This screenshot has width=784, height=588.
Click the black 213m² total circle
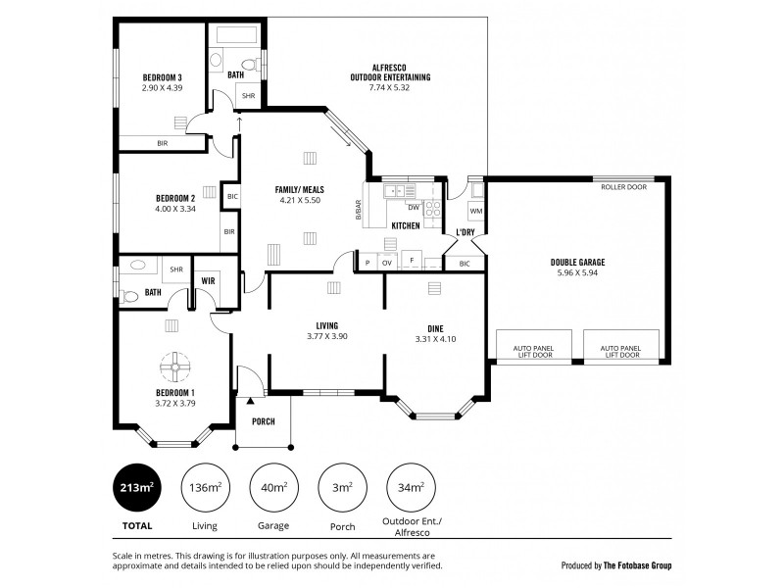(137, 488)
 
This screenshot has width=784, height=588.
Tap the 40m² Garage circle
(273, 488)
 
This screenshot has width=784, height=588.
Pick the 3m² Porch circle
(343, 488)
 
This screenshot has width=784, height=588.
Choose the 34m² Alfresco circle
(411, 488)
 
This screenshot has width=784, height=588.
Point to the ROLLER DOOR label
(623, 185)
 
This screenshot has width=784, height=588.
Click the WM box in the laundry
(475, 211)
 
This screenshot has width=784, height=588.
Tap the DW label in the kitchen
(413, 208)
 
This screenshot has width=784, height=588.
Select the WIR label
(208, 279)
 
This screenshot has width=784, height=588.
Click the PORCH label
(263, 422)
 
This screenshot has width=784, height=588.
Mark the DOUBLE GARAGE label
(577, 263)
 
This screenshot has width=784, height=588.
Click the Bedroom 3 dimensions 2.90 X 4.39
(163, 88)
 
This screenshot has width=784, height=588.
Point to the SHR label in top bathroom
(248, 97)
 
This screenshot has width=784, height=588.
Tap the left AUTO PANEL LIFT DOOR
(535, 351)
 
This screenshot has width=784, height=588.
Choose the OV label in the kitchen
(385, 263)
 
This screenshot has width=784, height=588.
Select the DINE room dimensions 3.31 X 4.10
(435, 339)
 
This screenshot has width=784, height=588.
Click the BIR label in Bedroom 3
(162, 143)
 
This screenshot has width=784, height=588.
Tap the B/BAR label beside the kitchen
(359, 209)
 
